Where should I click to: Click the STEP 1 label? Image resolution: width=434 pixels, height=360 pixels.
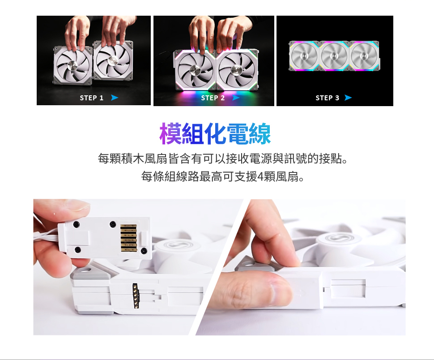pos(92,98)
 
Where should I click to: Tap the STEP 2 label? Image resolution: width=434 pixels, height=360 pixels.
pos(213,98)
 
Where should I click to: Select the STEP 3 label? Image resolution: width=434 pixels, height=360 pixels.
pos(328,98)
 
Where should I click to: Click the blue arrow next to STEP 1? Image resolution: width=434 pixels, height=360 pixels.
pos(115,98)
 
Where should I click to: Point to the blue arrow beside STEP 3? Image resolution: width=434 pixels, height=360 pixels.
pos(348,98)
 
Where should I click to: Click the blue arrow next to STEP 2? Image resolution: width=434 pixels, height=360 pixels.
pos(236,98)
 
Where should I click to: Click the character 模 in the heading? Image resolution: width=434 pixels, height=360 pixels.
pos(170,134)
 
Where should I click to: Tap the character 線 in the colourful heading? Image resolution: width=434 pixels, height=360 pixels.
pos(260,134)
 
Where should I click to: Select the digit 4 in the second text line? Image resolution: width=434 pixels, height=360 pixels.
pos(260,177)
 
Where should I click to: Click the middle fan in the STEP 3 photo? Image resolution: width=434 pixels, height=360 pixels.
pos(334,56)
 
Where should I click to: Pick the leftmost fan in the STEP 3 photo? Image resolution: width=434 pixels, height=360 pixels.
pos(304,56)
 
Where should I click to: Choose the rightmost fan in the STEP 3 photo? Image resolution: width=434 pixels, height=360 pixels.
pos(364,56)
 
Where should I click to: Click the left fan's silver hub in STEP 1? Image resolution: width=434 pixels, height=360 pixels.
pos(73,65)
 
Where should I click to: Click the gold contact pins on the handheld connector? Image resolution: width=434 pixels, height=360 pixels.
pos(129,238)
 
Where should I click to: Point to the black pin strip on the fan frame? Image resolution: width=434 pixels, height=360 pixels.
pos(135,296)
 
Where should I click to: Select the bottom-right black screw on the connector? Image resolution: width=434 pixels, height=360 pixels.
pos(144,251)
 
